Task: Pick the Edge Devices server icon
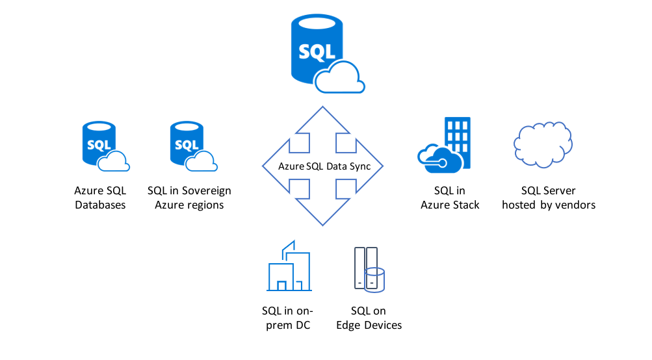365,268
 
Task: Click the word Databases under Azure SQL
100,205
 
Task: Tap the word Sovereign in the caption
207,191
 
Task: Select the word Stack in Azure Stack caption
466,205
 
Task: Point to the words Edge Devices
369,325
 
